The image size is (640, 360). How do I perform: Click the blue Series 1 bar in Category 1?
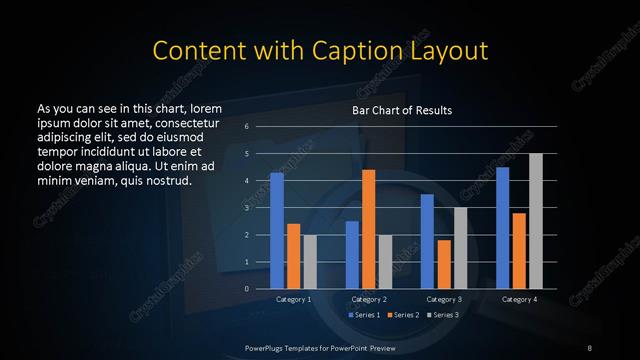277,231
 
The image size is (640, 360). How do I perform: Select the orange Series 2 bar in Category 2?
369,229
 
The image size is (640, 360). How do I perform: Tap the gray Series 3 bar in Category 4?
535,221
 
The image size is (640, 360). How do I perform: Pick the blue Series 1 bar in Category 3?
427,242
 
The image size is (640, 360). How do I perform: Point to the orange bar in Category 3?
443,265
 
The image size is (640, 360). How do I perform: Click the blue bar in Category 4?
503,228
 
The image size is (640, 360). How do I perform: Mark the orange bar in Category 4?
519,251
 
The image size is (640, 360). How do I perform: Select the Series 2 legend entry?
403,315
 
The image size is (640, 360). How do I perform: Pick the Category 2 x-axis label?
369,299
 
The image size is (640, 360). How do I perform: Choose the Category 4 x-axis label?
519,299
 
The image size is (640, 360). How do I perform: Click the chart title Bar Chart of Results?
402,110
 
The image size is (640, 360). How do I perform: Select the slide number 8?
590,347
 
